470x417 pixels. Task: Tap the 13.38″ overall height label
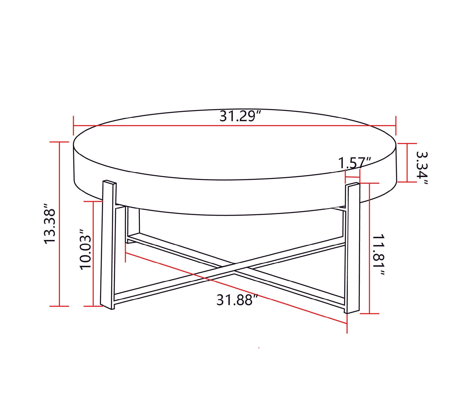tap(50, 224)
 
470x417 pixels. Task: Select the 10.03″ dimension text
tap(85, 249)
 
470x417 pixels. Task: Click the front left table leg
tap(108, 244)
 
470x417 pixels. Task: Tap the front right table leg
tap(353, 247)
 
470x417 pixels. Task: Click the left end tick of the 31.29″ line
tap(74, 126)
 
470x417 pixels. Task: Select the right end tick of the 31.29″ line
tap(396, 126)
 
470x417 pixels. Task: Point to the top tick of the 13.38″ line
tap(59, 142)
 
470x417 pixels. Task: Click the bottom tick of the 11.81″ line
tap(370, 313)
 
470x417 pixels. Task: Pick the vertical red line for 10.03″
tap(94, 254)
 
